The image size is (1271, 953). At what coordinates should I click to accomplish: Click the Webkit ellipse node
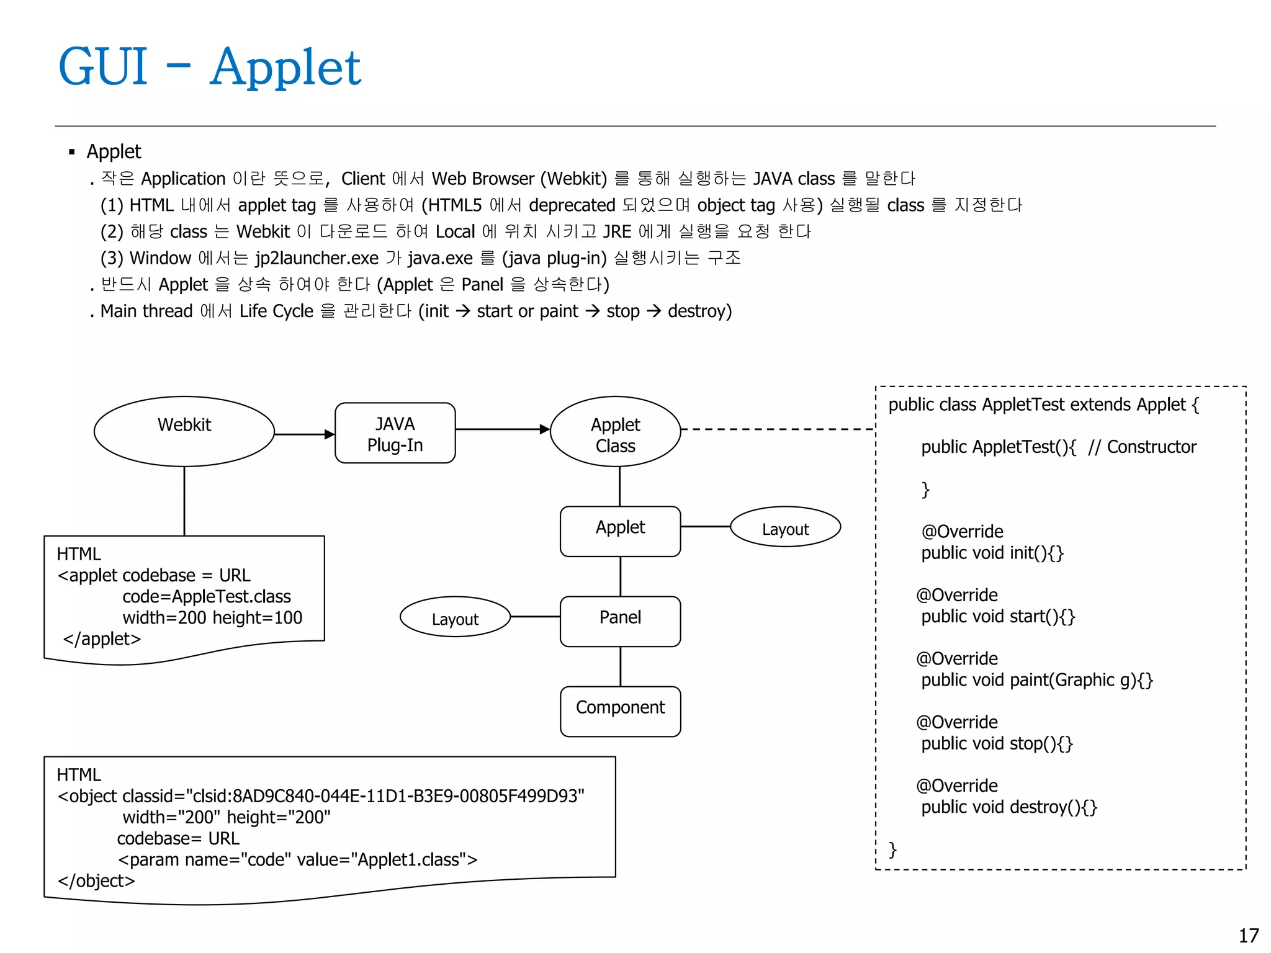pyautogui.click(x=184, y=431)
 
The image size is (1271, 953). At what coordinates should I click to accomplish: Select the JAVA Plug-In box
pyautogui.click(x=395, y=434)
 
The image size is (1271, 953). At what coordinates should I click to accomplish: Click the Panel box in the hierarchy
pyautogui.click(x=620, y=621)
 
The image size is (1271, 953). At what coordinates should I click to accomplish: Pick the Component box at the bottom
pyautogui.click(x=620, y=711)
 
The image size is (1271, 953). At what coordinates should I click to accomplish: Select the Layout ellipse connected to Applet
pyautogui.click(x=785, y=527)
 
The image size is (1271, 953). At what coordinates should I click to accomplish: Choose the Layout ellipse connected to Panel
pyautogui.click(x=455, y=617)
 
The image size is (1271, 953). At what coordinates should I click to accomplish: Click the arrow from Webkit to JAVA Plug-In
pyautogui.click(x=304, y=434)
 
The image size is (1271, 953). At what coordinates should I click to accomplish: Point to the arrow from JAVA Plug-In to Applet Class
pyautogui.click(x=503, y=429)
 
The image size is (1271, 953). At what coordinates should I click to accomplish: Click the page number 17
pyautogui.click(x=1248, y=936)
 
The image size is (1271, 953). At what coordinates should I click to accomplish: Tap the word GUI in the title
pyautogui.click(x=103, y=66)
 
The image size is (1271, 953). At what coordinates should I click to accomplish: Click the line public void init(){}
pyautogui.click(x=992, y=553)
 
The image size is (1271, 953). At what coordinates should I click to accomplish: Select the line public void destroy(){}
pyautogui.click(x=1008, y=807)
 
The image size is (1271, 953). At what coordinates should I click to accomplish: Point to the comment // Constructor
pyautogui.click(x=1142, y=447)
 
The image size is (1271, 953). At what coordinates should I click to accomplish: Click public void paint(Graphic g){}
pyautogui.click(x=1036, y=680)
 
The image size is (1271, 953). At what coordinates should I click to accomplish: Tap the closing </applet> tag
pyautogui.click(x=102, y=638)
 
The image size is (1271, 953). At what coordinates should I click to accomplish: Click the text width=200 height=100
pyautogui.click(x=212, y=617)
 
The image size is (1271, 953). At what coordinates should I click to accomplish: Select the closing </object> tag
pyautogui.click(x=96, y=881)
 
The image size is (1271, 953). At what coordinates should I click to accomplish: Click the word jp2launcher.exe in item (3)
pyautogui.click(x=317, y=258)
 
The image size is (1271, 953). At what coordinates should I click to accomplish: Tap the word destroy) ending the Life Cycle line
pyautogui.click(x=699, y=311)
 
